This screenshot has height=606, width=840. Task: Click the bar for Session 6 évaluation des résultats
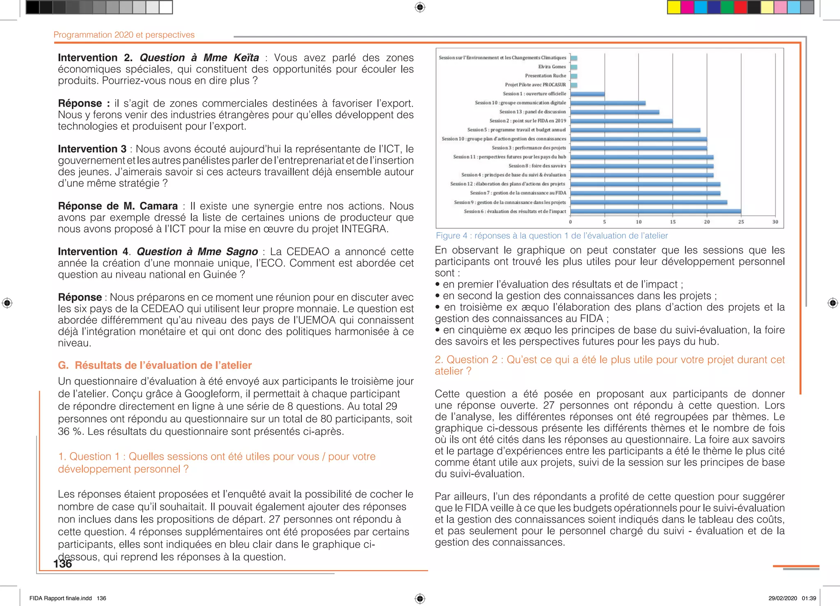[655, 211]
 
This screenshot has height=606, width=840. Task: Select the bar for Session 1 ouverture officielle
[587, 94]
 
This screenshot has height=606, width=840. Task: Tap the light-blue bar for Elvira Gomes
[574, 67]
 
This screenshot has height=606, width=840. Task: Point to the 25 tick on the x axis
[741, 222]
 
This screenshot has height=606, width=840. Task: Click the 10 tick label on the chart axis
[639, 222]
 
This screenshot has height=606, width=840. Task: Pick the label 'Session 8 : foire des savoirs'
[537, 166]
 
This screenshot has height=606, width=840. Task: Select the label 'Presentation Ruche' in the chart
[545, 76]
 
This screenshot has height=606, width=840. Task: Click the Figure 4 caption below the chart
[551, 236]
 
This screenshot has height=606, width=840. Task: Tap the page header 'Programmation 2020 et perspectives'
[124, 35]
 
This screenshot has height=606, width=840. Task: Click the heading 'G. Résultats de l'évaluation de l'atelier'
[155, 365]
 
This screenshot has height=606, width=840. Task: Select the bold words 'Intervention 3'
[92, 149]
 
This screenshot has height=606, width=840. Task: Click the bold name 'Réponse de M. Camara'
[118, 206]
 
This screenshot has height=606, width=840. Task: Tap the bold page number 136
[62, 564]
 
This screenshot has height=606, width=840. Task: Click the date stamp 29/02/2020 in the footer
[783, 598]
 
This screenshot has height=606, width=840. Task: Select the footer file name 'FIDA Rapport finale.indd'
[61, 598]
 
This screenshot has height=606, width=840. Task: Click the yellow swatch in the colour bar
[674, 7]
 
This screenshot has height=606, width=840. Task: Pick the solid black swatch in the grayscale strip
[33, 7]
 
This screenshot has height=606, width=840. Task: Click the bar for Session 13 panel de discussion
[615, 112]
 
